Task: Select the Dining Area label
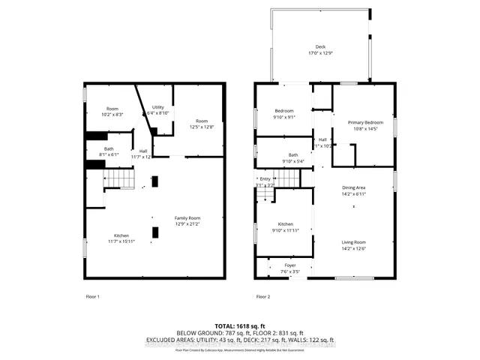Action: pos(353,190)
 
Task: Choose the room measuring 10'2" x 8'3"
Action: pos(112,111)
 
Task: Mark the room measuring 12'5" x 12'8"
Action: pos(201,124)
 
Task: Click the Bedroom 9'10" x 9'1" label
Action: pos(283,113)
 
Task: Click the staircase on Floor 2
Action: pos(268,195)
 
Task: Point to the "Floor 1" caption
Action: pos(93,297)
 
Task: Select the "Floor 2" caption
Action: pos(263,297)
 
